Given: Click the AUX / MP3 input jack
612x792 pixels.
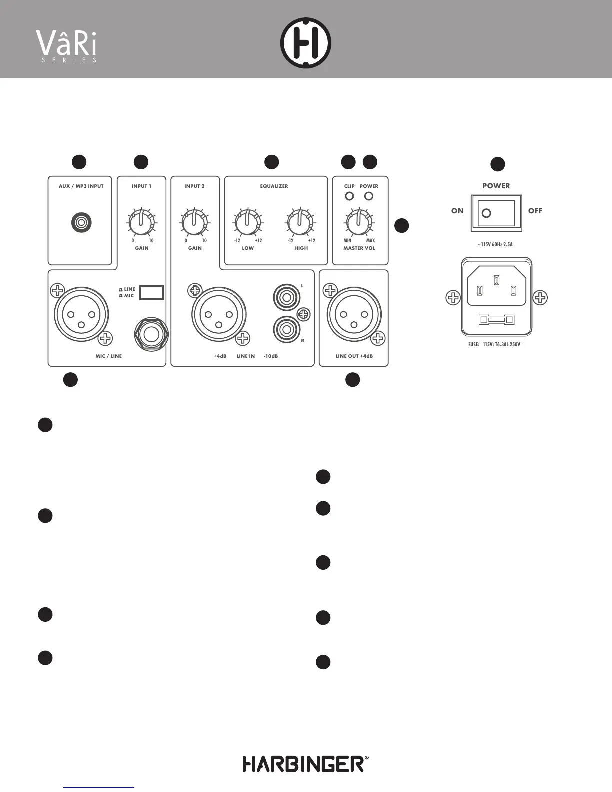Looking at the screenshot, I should [x=81, y=222].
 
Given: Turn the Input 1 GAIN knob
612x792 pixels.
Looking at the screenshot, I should [x=142, y=223].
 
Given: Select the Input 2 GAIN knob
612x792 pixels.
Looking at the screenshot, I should [x=195, y=223].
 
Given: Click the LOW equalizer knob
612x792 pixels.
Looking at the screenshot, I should [x=247, y=223].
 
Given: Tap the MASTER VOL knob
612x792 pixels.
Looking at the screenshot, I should [x=359, y=223].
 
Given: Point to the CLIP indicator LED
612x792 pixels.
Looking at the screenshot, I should [x=349, y=196].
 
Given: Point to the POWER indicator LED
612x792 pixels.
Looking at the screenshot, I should [x=369, y=196].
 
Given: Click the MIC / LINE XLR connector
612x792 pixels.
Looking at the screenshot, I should [x=81, y=315].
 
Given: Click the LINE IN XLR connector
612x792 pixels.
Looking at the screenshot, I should [x=218, y=315].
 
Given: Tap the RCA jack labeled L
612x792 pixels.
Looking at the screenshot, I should [x=286, y=298].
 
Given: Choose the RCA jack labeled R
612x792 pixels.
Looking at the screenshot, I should [x=286, y=330].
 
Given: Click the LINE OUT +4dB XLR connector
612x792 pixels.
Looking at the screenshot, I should [x=354, y=315].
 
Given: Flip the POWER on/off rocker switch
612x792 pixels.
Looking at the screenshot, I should [x=496, y=213].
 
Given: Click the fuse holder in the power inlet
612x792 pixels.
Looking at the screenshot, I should [x=496, y=319].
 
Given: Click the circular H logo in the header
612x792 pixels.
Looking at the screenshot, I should [x=306, y=43].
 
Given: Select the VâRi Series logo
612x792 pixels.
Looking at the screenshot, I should [x=67, y=46].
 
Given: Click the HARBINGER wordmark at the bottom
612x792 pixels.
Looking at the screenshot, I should [x=303, y=764].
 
